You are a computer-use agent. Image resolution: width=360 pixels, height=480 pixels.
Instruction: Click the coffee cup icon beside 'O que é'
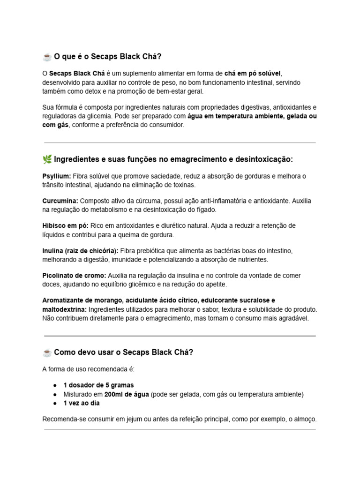point(47,57)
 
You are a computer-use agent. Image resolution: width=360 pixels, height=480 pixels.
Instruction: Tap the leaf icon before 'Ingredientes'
point(47,160)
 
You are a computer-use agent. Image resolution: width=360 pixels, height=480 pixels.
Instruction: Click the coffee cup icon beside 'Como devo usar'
point(47,352)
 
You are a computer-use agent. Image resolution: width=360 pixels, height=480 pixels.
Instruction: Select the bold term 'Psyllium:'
point(57,176)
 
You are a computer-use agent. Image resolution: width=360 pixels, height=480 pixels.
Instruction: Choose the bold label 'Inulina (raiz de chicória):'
point(80,251)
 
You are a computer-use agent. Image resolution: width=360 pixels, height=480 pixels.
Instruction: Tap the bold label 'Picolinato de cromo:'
point(74,276)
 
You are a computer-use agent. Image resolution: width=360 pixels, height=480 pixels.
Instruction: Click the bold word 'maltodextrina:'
point(64,309)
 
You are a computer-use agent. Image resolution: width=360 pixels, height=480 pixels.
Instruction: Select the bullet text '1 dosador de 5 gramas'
point(98,385)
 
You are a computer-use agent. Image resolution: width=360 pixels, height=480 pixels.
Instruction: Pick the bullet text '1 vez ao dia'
point(82,403)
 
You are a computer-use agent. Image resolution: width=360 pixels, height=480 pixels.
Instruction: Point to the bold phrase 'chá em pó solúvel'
point(252,74)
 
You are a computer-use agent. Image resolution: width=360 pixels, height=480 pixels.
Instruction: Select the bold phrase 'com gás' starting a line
point(55,125)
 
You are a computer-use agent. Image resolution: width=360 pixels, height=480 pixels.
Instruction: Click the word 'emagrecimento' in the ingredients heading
point(196,160)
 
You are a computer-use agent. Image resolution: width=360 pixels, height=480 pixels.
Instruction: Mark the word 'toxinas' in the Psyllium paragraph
point(172,185)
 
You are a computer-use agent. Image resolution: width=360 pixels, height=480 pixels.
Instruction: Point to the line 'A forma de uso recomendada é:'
point(88,369)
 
